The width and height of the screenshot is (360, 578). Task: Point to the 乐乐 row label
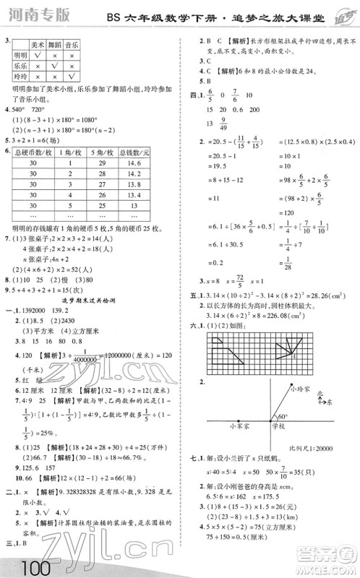[20, 66]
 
